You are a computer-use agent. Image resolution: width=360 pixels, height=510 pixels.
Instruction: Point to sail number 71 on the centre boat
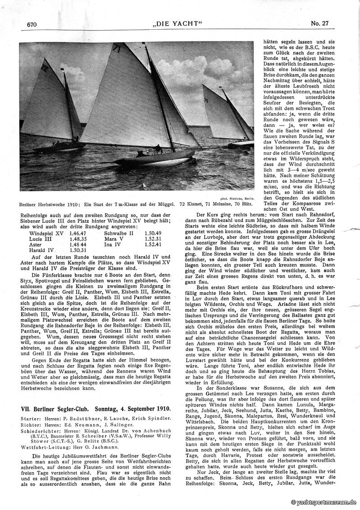(118, 47)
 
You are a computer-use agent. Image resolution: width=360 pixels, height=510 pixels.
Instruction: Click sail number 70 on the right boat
(206, 101)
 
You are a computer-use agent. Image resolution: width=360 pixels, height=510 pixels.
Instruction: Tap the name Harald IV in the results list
(41, 250)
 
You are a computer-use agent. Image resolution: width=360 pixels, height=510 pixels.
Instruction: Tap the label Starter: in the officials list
(31, 419)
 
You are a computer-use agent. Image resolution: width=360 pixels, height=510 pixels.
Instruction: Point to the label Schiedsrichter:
(38, 430)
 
